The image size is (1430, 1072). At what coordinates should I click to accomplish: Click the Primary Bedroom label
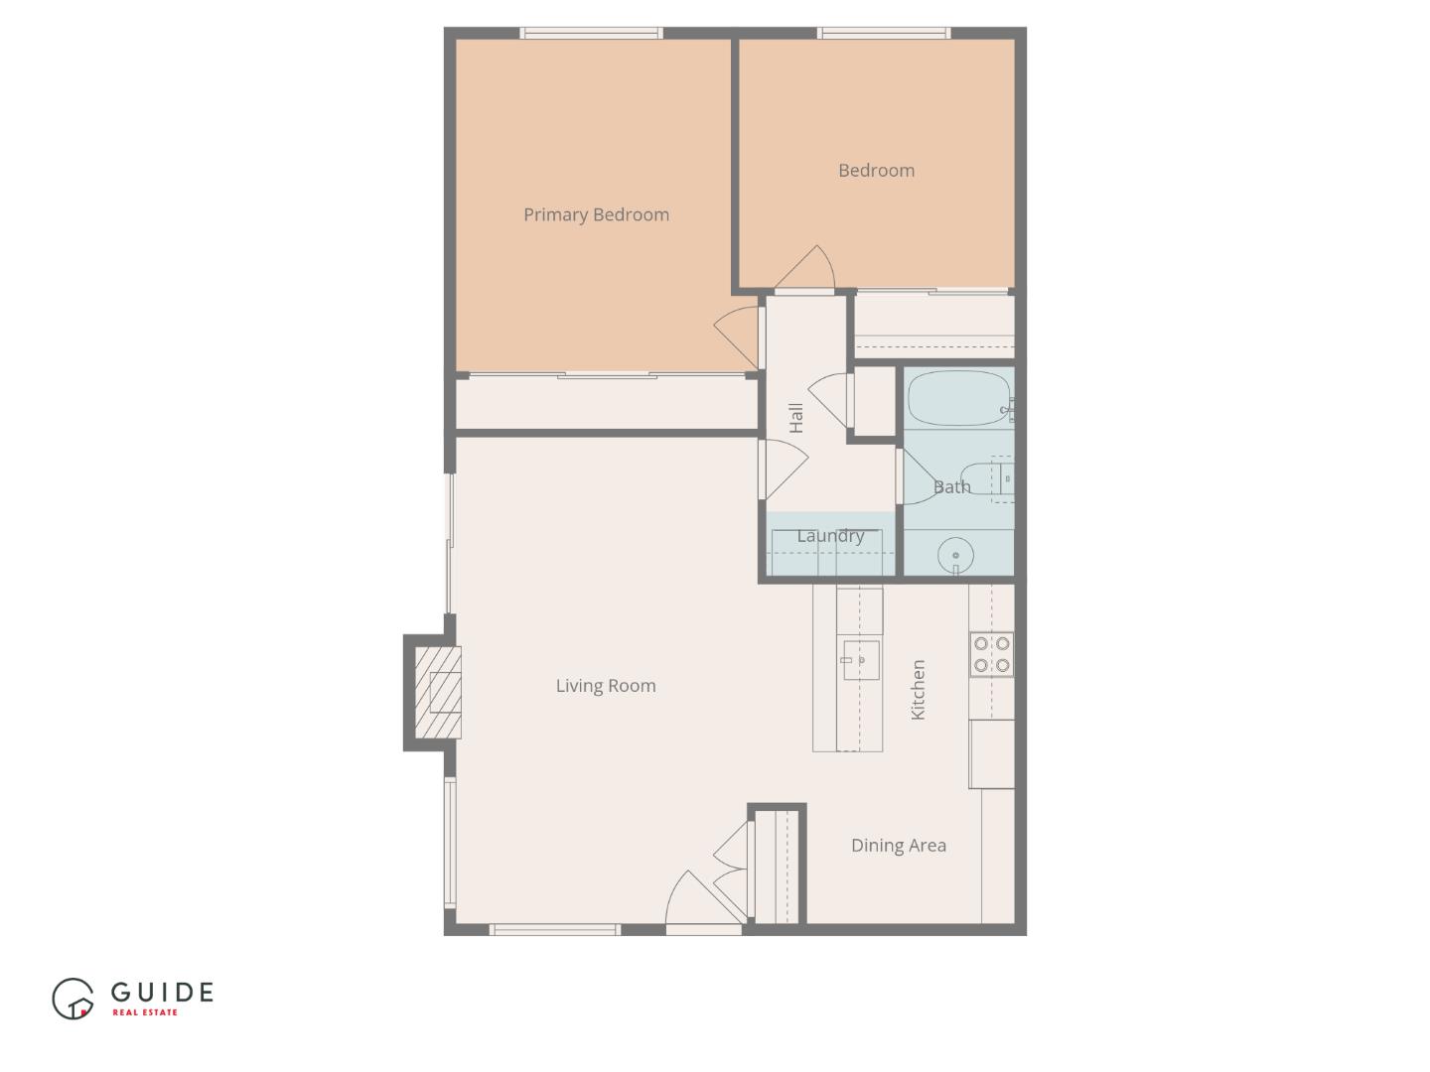click(596, 214)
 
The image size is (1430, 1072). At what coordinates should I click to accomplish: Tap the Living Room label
click(605, 685)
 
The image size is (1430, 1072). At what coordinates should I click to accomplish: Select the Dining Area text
click(898, 845)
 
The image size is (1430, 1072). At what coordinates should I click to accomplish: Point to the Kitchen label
click(918, 689)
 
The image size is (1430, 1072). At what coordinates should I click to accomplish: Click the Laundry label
click(830, 536)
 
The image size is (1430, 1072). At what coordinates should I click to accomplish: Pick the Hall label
click(795, 418)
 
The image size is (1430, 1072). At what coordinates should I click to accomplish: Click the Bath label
click(951, 486)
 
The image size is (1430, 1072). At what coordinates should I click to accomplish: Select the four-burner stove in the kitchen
click(991, 655)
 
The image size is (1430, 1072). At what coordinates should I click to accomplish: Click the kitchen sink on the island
click(861, 659)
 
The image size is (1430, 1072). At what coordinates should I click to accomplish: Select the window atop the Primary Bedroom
click(592, 34)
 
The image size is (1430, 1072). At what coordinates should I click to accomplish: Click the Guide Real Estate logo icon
click(72, 999)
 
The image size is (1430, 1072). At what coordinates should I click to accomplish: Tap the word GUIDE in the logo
click(162, 992)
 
